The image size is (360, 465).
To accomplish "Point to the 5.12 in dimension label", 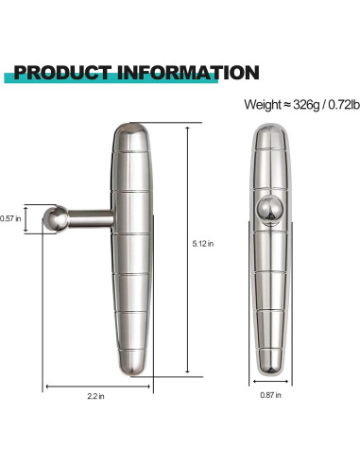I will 203,243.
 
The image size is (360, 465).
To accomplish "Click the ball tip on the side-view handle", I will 58,220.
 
